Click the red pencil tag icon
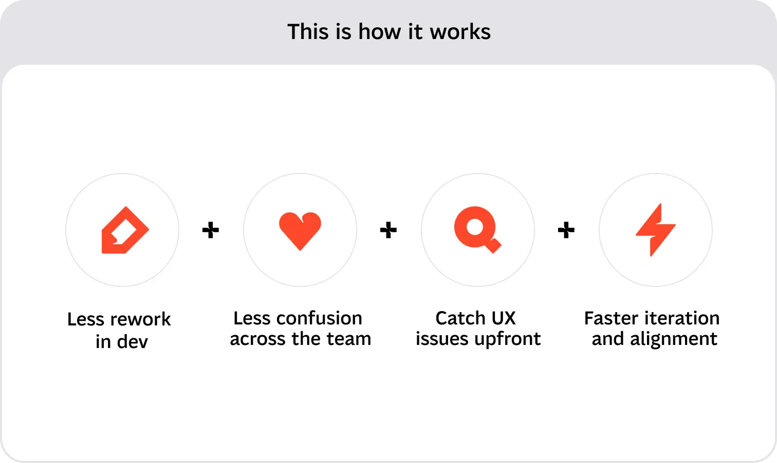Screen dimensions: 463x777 click(124, 230)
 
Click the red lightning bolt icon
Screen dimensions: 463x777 click(655, 229)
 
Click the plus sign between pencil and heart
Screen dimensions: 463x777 click(211, 230)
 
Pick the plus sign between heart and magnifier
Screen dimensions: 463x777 click(388, 230)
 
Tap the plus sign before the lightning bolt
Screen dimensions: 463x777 click(566, 230)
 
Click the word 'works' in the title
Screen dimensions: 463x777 click(460, 32)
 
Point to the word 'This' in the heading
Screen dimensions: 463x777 click(307, 32)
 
